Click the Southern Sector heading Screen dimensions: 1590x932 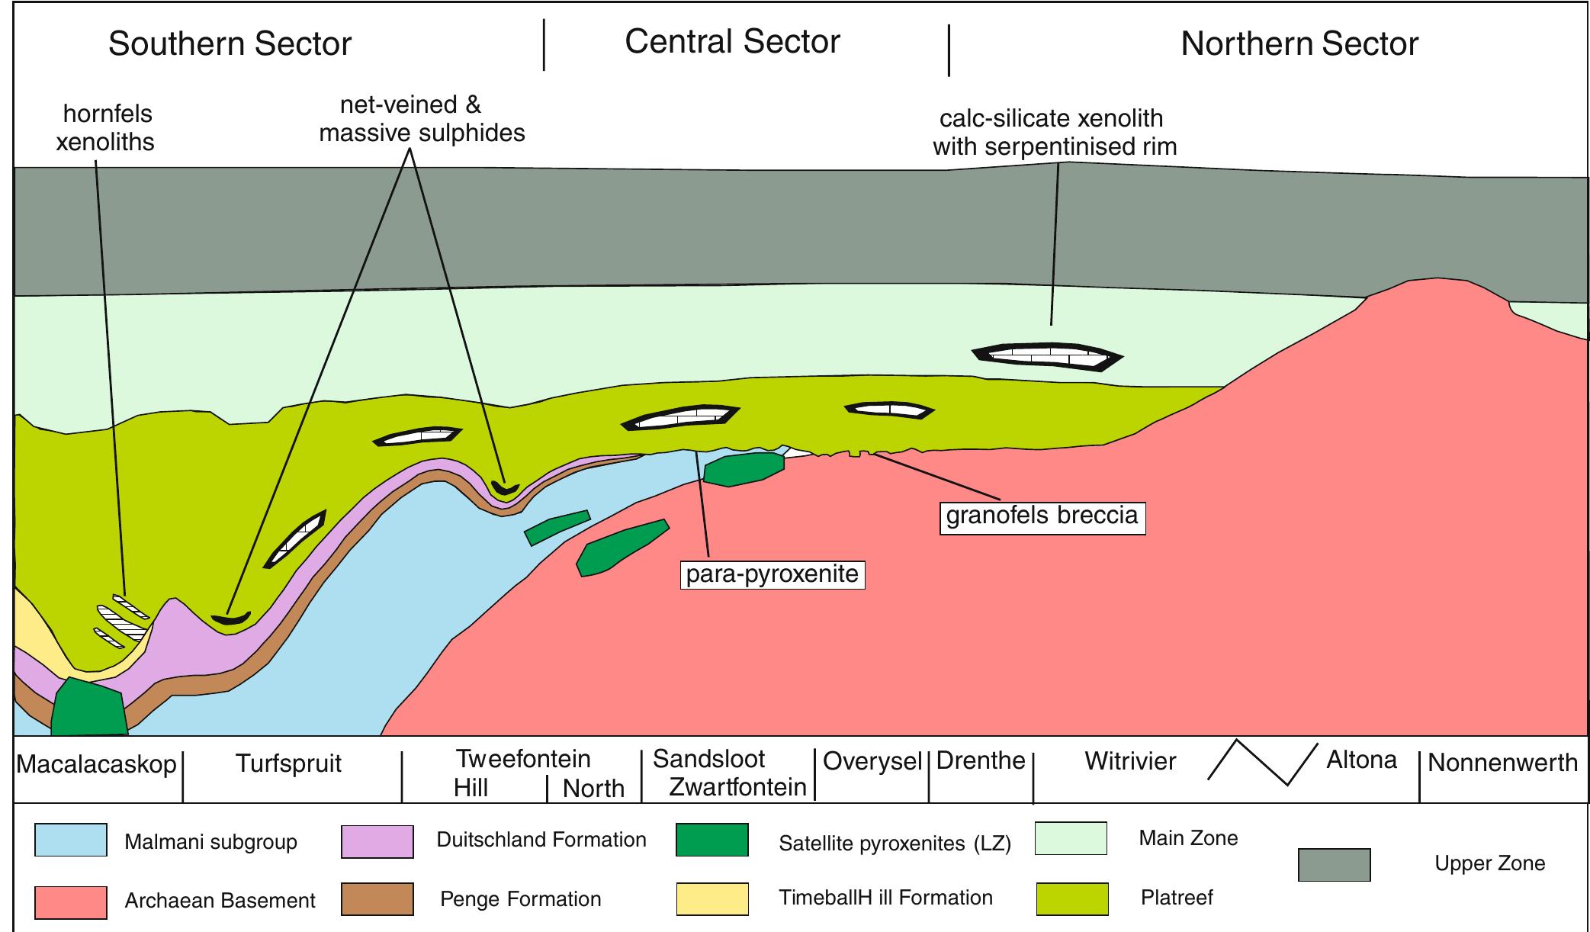tap(230, 43)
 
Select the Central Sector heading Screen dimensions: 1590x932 tap(732, 41)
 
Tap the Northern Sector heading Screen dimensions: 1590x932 tap(1299, 43)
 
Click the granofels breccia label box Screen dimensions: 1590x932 tap(1042, 516)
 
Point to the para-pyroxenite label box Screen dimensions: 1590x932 tap(773, 574)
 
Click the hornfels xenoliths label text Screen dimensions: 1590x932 tap(107, 127)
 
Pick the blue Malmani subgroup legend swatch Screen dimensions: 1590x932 tap(70, 840)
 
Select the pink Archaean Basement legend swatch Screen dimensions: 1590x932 tap(70, 901)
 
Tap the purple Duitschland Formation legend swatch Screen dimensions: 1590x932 tap(377, 841)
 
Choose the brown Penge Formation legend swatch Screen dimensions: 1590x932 tap(377, 898)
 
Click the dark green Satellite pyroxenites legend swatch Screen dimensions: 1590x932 tap(712, 840)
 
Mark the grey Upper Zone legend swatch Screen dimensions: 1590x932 tap(1335, 865)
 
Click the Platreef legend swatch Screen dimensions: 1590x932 tap(1073, 898)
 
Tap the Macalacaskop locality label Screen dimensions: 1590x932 tap(97, 764)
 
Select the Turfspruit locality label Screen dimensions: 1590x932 tap(288, 763)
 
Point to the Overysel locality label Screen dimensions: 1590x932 tap(873, 761)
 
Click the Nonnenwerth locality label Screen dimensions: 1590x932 tap(1502, 763)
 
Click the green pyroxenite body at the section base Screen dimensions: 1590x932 tap(89, 706)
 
